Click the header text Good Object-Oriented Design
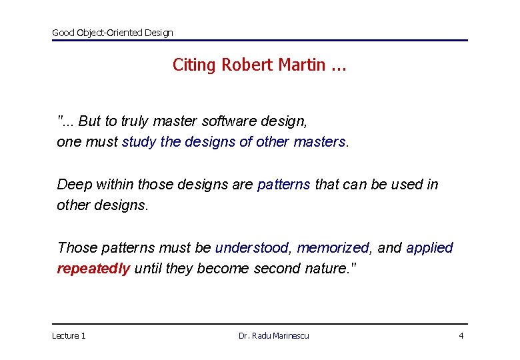point(112,32)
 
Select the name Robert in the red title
point(246,65)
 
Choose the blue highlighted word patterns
point(283,185)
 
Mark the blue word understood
point(252,248)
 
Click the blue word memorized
point(333,248)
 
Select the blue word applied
point(429,248)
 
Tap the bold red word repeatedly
point(93,269)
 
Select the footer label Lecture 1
point(69,335)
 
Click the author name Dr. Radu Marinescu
point(273,335)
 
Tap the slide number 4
point(461,335)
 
